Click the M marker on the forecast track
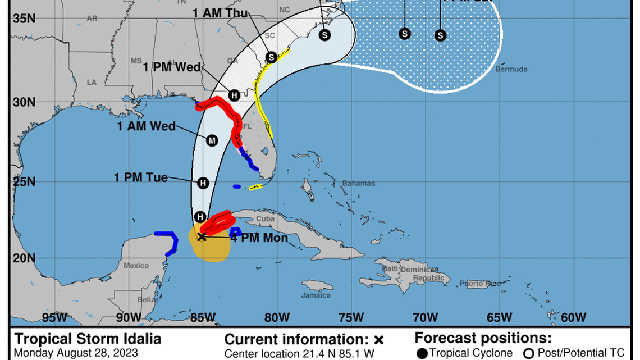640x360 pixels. click(x=212, y=140)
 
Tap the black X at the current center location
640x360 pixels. click(x=202, y=236)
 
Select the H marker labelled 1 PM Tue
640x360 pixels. click(x=203, y=183)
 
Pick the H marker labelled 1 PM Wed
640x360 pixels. click(x=234, y=95)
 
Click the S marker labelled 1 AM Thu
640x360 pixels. click(x=271, y=57)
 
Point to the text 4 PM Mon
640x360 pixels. click(x=260, y=238)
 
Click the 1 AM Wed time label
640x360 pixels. click(x=146, y=126)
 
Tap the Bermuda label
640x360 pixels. click(x=511, y=69)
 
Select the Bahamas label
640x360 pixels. click(x=359, y=184)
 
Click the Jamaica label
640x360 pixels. click(x=316, y=295)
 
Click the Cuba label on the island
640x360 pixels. click(x=264, y=219)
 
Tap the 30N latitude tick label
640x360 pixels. click(x=25, y=102)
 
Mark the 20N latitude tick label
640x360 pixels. click(x=25, y=258)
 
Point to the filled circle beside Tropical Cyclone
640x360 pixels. click(x=422, y=353)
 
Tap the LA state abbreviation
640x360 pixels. click(x=92, y=82)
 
